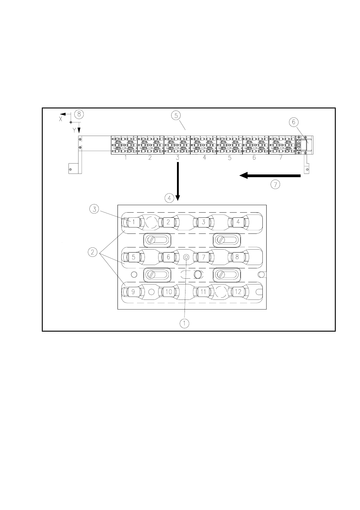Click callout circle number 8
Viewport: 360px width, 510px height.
point(79,114)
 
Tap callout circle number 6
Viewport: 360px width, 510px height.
point(294,122)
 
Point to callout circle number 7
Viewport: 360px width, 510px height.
point(275,185)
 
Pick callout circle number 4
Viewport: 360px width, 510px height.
point(169,198)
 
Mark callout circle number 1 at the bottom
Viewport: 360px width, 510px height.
point(185,323)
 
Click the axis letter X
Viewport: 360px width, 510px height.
point(61,119)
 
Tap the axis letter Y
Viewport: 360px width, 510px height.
point(74,130)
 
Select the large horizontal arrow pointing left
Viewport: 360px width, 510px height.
point(270,175)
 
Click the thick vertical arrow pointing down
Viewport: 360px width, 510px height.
point(178,181)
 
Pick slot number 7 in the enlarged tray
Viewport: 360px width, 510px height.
point(203,257)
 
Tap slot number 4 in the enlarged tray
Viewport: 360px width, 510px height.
point(238,222)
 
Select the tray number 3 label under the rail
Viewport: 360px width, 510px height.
point(178,157)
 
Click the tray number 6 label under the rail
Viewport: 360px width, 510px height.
point(254,157)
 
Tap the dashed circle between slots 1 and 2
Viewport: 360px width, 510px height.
point(151,222)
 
